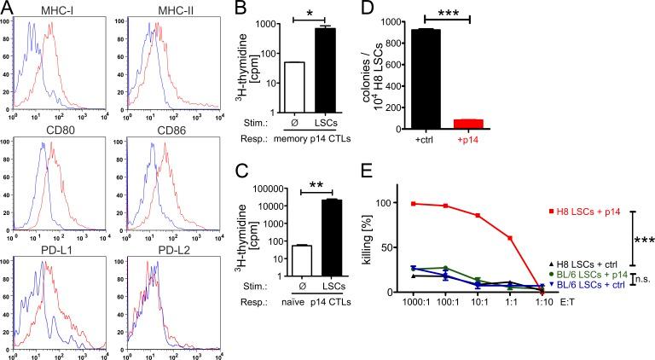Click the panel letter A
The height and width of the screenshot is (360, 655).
(8, 9)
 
